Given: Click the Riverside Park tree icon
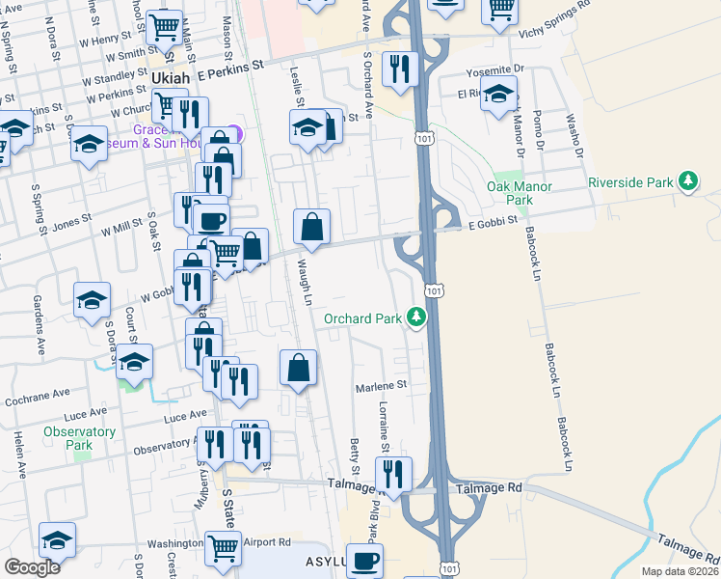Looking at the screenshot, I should pyautogui.click(x=687, y=181).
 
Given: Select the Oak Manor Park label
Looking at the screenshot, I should pyautogui.click(x=510, y=193).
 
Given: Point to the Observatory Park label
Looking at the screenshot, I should pyautogui.click(x=79, y=438).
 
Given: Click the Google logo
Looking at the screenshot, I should pyautogui.click(x=32, y=567).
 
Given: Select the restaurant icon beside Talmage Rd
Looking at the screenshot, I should pyautogui.click(x=393, y=474).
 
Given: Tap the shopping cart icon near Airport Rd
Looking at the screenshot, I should pyautogui.click(x=224, y=547).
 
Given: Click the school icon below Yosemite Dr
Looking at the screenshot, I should pyautogui.click(x=498, y=95).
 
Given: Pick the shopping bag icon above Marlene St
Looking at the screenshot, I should pyautogui.click(x=299, y=367).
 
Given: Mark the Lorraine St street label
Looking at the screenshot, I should pyautogui.click(x=383, y=427).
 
